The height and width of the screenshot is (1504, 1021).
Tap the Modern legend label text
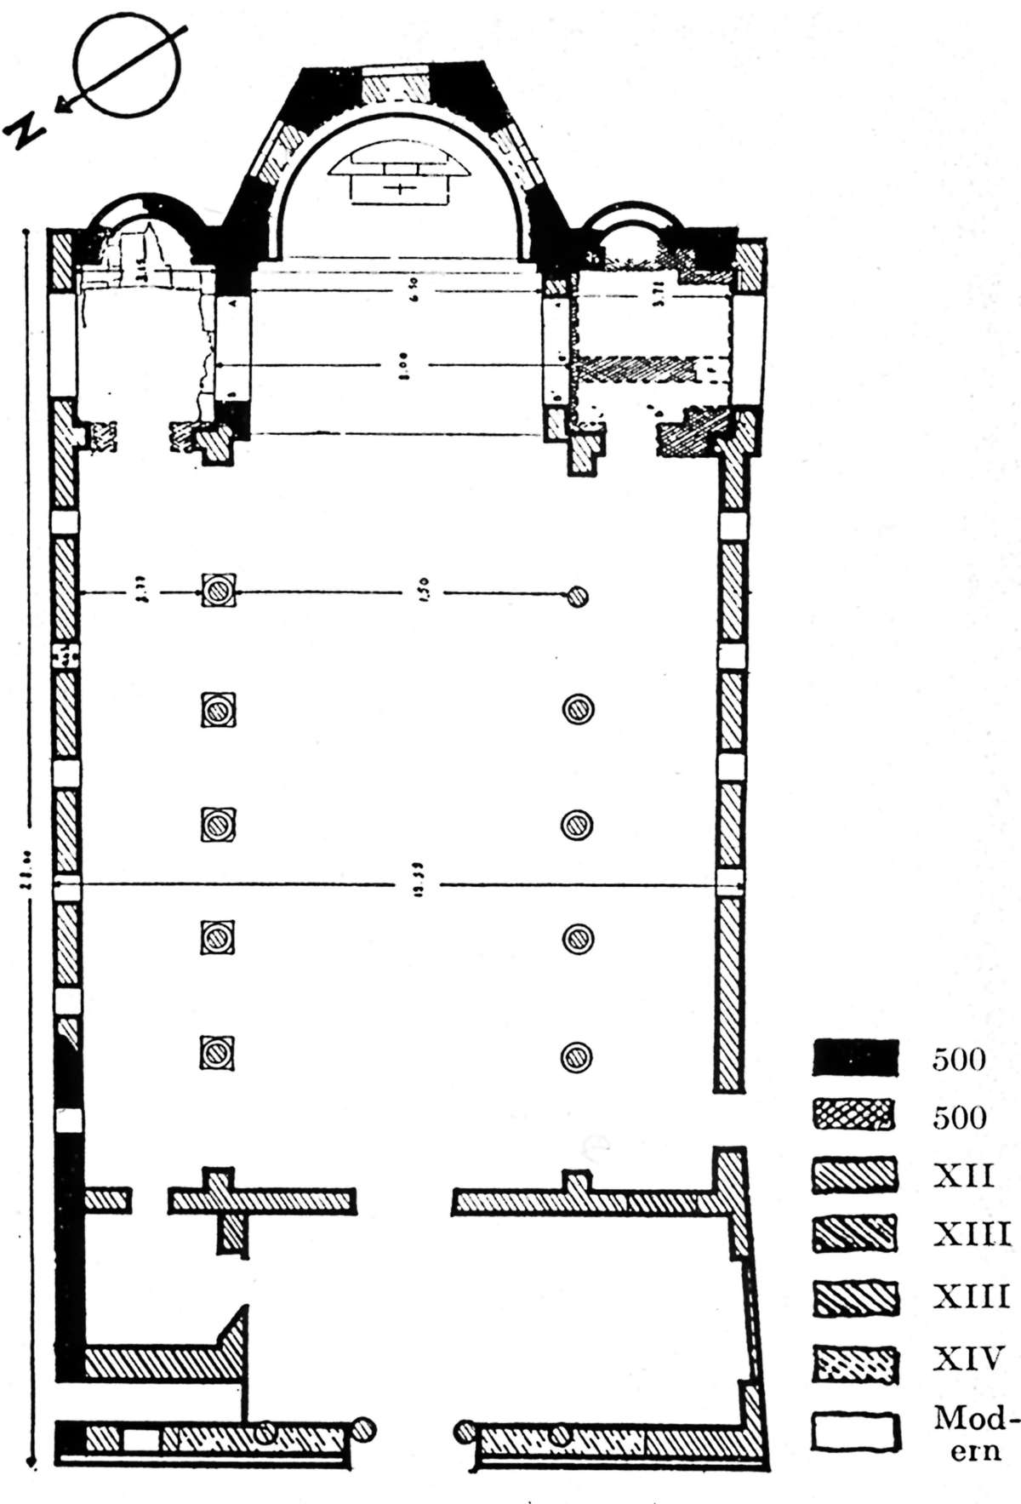point(974,1433)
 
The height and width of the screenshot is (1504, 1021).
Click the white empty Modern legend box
point(855,1431)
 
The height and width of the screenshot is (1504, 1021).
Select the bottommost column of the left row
point(217,1053)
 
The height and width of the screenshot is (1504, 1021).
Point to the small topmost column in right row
point(579,597)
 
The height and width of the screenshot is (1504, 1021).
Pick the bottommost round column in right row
point(577,1056)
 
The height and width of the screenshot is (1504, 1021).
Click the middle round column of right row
point(577,824)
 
